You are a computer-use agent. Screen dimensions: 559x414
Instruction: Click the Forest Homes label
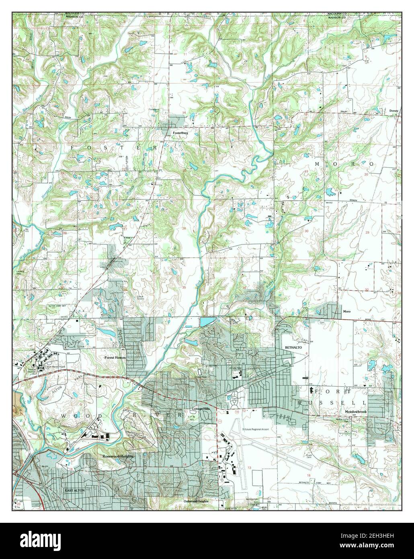115,357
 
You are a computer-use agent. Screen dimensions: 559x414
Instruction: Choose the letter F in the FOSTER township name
73,148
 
